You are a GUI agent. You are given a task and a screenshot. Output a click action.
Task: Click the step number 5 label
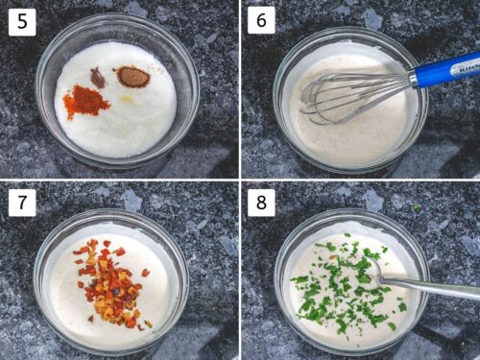click(x=22, y=21)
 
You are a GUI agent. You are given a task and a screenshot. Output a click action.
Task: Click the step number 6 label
click(x=261, y=21)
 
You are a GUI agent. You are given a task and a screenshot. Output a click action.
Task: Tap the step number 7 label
click(x=22, y=203)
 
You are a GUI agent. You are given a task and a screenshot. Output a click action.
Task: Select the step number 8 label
click(x=261, y=203)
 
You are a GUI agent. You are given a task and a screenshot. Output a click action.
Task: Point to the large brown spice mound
click(x=132, y=77)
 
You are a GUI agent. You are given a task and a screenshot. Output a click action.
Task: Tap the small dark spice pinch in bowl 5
click(x=98, y=77)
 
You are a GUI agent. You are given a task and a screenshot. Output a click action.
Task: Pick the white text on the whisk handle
click(x=463, y=64)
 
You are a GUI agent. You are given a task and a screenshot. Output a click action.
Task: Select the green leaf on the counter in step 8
click(x=416, y=207)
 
